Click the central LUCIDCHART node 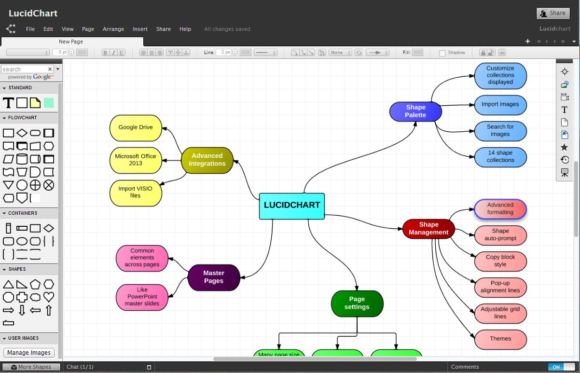pos(292,206)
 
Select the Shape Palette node pos(415,111)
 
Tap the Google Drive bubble pos(136,127)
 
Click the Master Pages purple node pos(214,277)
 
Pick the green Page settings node pos(357,304)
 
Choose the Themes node pos(500,339)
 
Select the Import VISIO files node pos(136,193)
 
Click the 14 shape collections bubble pos(500,157)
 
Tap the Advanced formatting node pos(500,209)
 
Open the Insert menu pos(140,29)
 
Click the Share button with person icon pos(552,14)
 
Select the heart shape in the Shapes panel pos(49,297)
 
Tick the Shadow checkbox pos(442,53)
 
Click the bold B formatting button pos(105,53)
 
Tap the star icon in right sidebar pos(564,147)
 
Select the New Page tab pos(71,42)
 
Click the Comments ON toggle pos(562,367)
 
